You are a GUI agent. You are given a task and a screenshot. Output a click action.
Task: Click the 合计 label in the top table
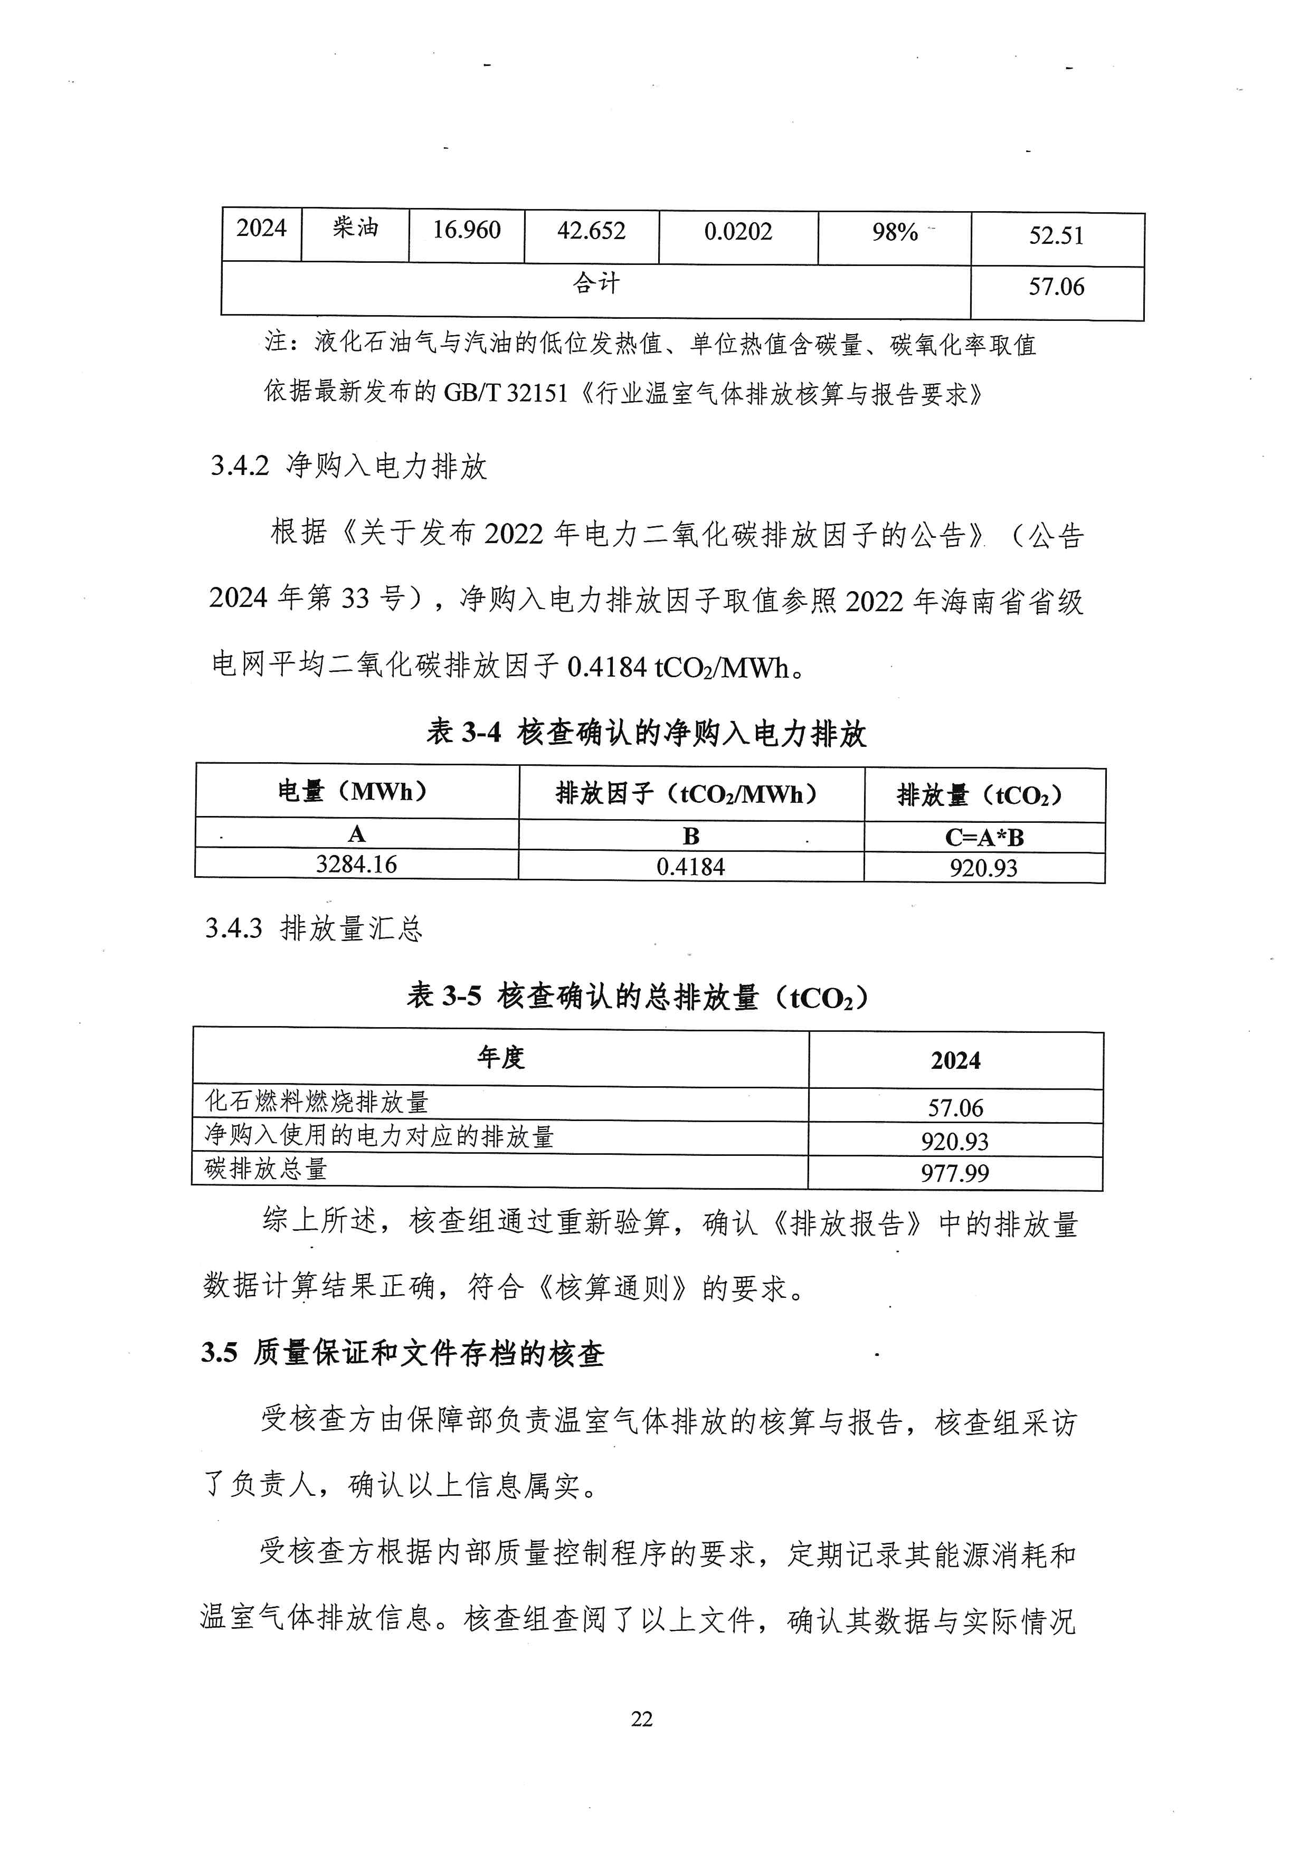[x=596, y=284]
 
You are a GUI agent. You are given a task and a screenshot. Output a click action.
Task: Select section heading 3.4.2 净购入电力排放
[x=348, y=466]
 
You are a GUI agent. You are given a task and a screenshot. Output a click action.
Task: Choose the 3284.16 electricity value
[x=356, y=864]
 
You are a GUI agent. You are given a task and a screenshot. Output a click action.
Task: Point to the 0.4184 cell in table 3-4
[x=691, y=867]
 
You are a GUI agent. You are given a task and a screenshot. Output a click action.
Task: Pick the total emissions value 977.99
[x=955, y=1173]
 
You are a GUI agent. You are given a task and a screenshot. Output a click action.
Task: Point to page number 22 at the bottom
[x=642, y=1720]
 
